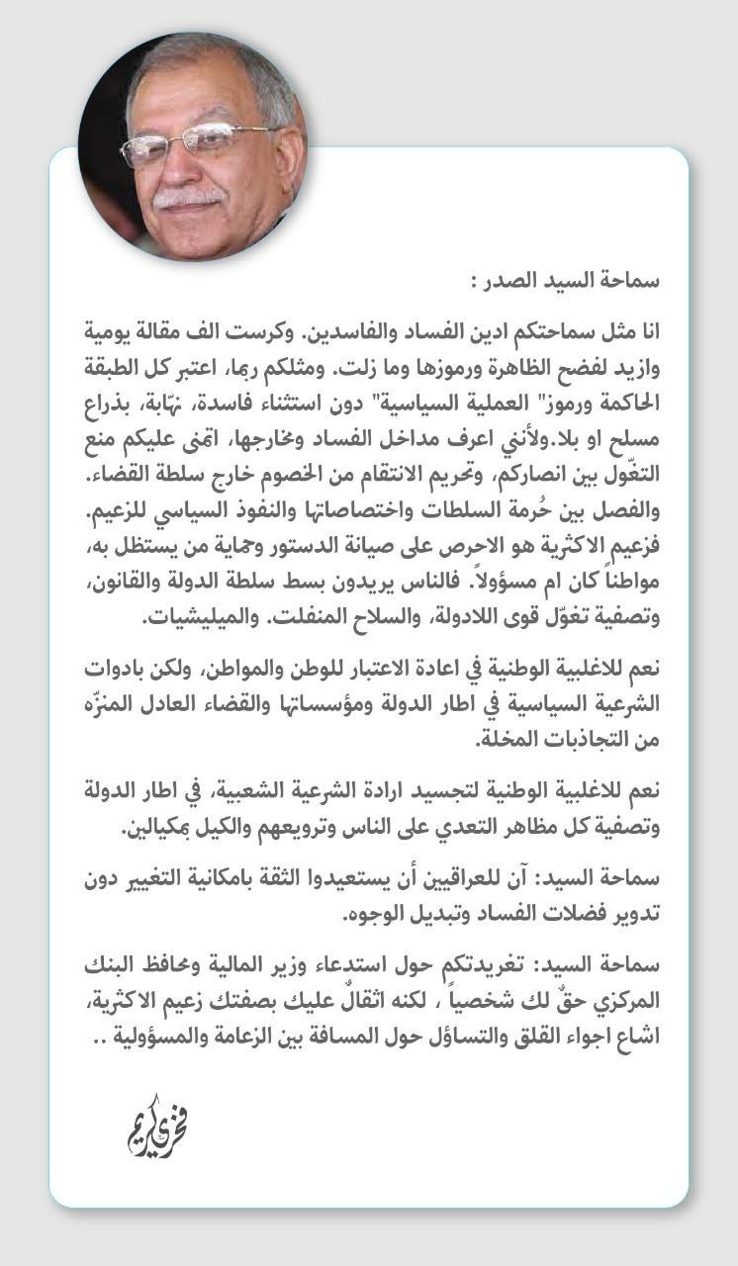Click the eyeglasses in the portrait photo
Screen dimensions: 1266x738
193,143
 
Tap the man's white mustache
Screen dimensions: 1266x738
187,197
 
